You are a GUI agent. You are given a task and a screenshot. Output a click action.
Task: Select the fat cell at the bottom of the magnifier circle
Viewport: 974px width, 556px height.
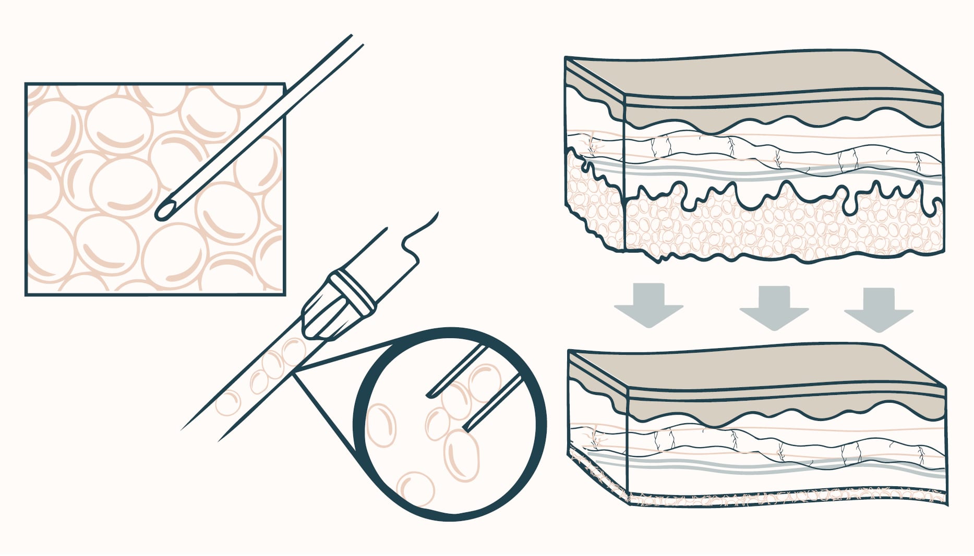[415, 489]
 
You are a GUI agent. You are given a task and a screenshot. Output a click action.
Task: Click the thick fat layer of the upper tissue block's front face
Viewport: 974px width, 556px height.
[783, 229]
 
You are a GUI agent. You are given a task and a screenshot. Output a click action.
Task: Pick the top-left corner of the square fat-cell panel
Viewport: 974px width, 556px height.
[26, 84]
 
